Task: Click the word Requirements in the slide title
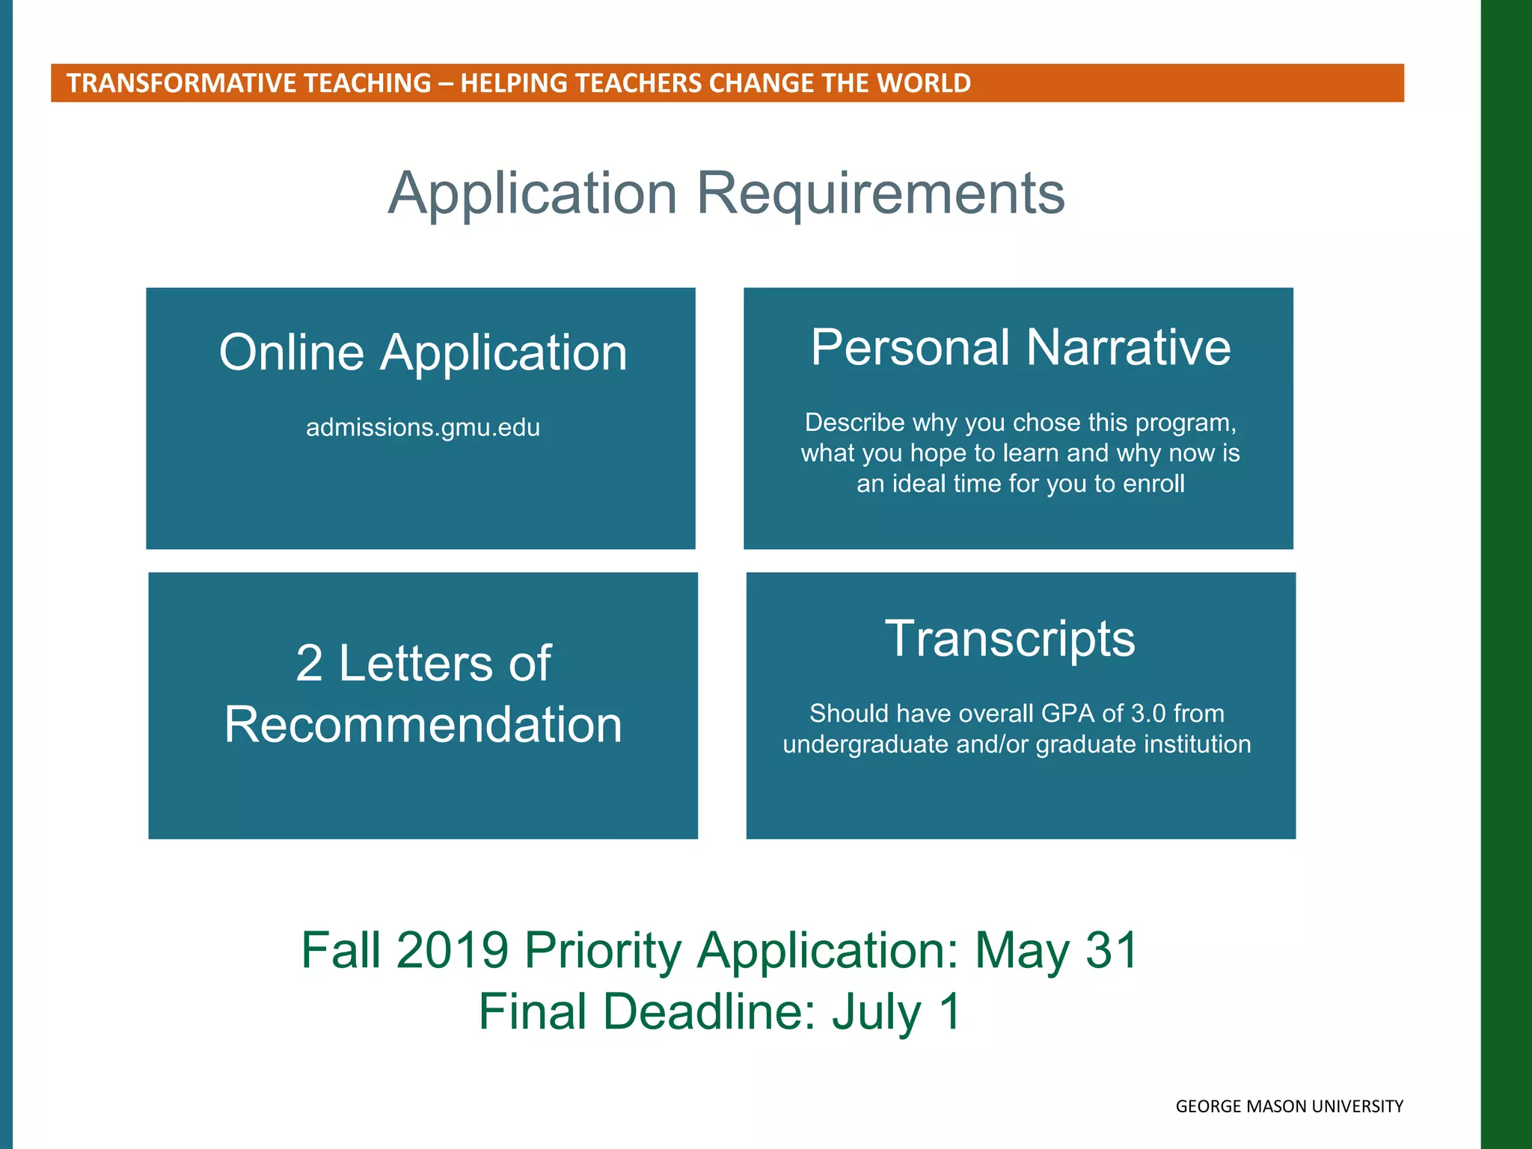click(x=880, y=194)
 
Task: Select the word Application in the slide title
click(x=533, y=194)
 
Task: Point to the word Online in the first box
click(x=292, y=352)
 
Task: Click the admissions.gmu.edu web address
click(x=423, y=428)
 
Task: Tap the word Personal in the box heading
click(x=910, y=348)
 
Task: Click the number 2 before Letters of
click(x=309, y=664)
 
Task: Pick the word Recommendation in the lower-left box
click(x=423, y=725)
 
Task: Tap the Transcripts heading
click(x=1010, y=639)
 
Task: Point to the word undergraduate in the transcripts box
click(x=865, y=744)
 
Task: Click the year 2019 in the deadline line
click(x=453, y=951)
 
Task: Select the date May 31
click(x=1056, y=951)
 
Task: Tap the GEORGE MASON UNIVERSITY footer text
click(x=1289, y=1106)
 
